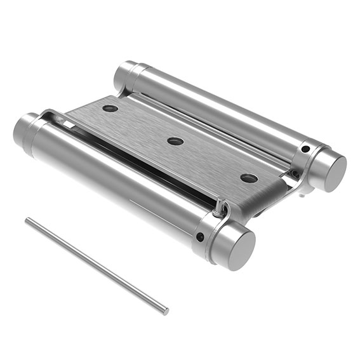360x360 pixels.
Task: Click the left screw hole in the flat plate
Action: (x=110, y=108)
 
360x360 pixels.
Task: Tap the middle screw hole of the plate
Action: (x=176, y=141)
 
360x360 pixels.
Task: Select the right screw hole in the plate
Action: (x=249, y=178)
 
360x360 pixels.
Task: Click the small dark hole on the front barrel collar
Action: (x=201, y=237)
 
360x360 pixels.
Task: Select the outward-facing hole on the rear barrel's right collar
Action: (x=305, y=149)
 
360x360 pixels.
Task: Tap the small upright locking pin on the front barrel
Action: (x=219, y=206)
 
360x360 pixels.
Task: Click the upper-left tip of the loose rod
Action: (x=27, y=220)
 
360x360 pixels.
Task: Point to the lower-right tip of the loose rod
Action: (x=166, y=312)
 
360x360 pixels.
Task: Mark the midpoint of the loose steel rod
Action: (x=97, y=266)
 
